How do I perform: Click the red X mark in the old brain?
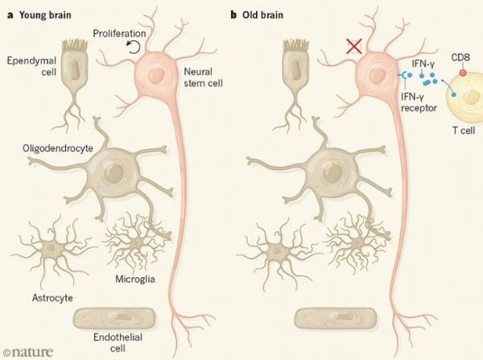pos(354,47)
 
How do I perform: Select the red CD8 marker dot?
pos(463,72)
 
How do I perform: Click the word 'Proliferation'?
pos(119,33)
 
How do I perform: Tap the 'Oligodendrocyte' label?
pos(58,148)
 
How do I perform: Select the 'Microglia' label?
pos(135,279)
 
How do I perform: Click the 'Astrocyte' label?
pos(52,298)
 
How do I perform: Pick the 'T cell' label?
pos(464,130)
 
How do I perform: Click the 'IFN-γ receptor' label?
pos(419,102)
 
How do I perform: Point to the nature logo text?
pos(28,352)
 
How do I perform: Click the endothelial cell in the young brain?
pos(114,318)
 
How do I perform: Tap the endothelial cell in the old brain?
pos(335,318)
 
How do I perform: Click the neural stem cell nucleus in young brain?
pos(156,76)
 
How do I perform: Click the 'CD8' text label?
pos(460,58)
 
